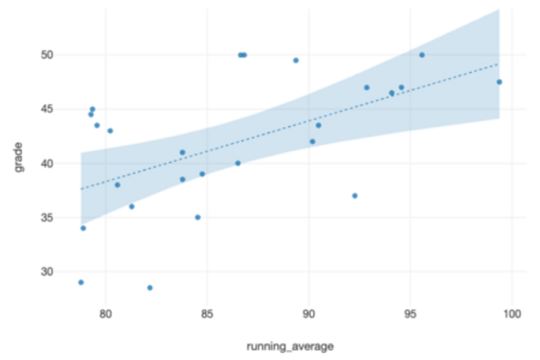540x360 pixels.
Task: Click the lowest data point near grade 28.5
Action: [149, 288]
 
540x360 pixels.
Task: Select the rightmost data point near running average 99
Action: [499, 82]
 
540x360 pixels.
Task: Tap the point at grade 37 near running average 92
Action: [355, 195]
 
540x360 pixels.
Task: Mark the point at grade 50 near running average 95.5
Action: [421, 55]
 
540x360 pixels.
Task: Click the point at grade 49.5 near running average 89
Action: [295, 60]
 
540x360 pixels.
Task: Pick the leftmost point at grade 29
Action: [81, 283]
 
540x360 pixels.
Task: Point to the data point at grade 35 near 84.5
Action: [197, 217]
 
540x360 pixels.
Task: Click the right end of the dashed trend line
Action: [499, 64]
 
